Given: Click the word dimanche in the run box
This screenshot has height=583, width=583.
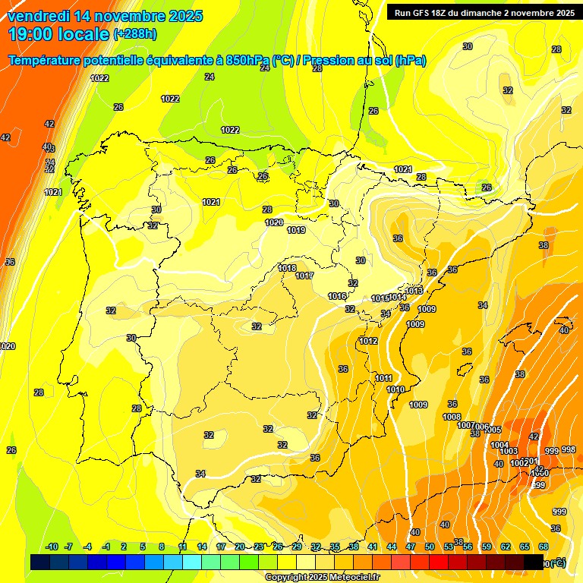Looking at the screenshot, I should click(x=493, y=13).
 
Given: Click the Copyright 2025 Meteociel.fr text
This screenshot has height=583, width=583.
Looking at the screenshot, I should click(x=322, y=578).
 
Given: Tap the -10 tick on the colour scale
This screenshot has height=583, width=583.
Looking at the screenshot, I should click(x=52, y=547).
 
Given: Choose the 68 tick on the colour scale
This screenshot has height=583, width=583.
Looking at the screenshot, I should click(x=544, y=547).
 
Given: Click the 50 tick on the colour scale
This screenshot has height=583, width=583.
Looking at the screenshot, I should click(x=430, y=547).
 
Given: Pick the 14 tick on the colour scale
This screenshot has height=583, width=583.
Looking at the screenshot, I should click(x=202, y=547).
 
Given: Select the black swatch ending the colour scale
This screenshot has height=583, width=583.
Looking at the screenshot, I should click(x=534, y=562).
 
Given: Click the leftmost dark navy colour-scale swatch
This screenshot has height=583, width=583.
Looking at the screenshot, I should click(x=40, y=562).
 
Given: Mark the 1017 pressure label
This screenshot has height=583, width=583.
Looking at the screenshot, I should click(x=304, y=276).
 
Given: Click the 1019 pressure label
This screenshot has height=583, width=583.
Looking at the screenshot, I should click(x=296, y=230).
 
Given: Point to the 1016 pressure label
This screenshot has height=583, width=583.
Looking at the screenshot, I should click(x=337, y=296).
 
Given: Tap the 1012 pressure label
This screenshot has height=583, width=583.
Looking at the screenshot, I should click(x=369, y=341).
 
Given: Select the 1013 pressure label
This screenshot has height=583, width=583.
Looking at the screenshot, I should click(x=414, y=291).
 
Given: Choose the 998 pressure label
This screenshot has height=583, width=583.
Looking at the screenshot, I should click(x=568, y=449).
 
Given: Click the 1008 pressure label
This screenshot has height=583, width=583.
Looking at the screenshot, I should click(x=452, y=417).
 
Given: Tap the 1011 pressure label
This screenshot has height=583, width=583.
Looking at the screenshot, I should click(x=383, y=378).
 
